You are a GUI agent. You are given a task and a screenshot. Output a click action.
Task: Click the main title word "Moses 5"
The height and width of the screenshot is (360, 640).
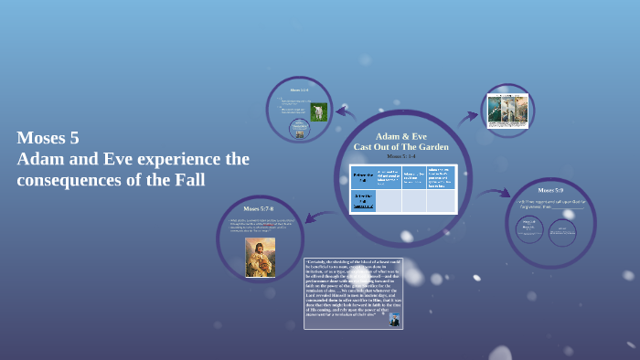(48, 139)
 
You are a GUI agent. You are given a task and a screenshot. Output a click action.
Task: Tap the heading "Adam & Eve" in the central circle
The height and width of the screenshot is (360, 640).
(400, 136)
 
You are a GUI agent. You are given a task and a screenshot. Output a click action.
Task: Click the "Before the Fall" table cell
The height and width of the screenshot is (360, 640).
(363, 176)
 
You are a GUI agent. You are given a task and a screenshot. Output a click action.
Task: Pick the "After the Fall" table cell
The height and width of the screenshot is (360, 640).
(363, 200)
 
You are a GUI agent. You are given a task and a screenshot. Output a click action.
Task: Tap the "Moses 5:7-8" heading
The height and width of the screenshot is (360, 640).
(258, 209)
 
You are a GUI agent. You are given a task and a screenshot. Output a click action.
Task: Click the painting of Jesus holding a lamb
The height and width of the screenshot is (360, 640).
(260, 257)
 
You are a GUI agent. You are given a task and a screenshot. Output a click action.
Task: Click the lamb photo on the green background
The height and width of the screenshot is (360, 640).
(318, 111)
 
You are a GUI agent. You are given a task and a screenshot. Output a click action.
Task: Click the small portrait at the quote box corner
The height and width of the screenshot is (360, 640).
(393, 320)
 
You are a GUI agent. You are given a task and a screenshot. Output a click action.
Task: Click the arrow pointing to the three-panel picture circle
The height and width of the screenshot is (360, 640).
(467, 116)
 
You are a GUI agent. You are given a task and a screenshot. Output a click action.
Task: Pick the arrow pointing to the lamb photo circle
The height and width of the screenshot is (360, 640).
(345, 113)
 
